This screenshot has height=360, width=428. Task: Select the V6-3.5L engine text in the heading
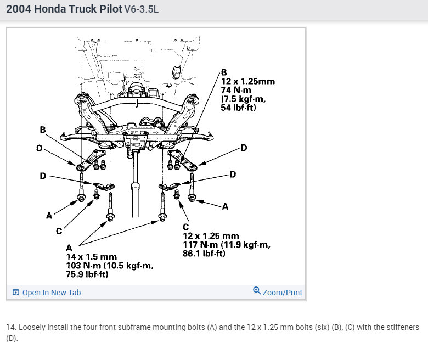[x=142, y=10]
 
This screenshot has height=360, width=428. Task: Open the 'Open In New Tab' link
[x=51, y=292]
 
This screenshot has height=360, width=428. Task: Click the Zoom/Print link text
[x=282, y=292]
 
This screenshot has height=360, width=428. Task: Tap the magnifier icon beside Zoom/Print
[x=256, y=291]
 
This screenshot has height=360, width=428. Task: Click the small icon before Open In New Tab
[x=15, y=292]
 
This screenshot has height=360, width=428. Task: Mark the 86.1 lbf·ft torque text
[x=204, y=254]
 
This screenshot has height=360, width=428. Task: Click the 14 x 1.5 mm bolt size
[x=91, y=257]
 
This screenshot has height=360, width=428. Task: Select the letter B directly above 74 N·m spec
[x=223, y=72]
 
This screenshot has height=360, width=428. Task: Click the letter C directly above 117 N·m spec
[x=185, y=227]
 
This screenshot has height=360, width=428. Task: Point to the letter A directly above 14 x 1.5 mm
[x=69, y=248]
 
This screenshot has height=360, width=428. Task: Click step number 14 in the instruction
[x=10, y=327]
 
